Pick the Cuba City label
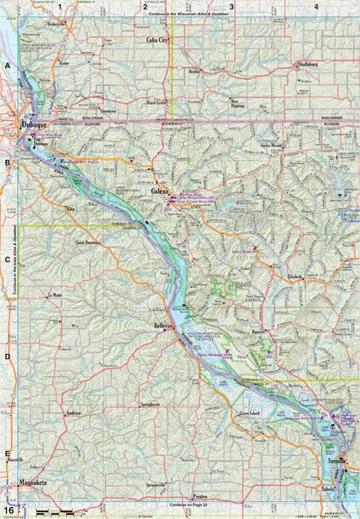[158, 39]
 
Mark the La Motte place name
[55, 294]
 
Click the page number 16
[8, 510]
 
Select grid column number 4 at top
[316, 7]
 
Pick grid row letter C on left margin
[7, 261]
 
